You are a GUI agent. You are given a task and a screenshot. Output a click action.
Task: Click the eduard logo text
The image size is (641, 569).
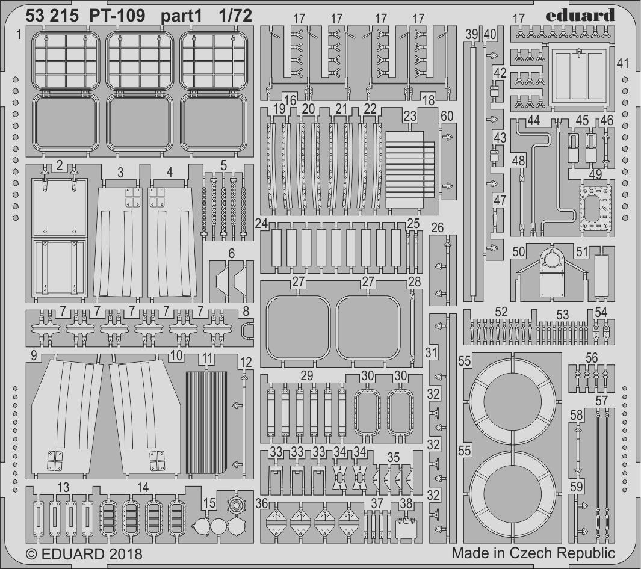click(580, 15)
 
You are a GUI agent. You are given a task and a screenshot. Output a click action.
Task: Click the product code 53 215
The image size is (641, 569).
click(52, 16)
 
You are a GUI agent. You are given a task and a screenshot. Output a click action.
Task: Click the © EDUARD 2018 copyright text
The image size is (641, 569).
click(84, 554)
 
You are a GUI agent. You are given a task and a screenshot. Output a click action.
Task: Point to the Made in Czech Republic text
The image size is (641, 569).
click(533, 553)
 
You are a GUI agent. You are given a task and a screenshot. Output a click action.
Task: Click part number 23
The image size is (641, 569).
click(410, 117)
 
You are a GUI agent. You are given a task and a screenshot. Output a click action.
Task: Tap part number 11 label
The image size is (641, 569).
click(207, 358)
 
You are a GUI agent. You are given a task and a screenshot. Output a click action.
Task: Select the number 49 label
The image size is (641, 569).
click(595, 174)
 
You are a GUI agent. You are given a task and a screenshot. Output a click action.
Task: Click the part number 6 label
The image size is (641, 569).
click(231, 254)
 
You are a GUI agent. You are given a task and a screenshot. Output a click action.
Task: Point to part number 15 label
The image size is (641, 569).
click(209, 503)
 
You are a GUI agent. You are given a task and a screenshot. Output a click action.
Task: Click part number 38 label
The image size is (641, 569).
click(406, 503)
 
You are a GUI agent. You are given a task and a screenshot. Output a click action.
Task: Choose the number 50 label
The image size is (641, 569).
click(518, 251)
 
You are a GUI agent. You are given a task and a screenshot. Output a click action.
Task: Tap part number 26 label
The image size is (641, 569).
click(437, 227)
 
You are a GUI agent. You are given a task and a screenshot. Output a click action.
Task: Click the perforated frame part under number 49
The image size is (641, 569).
click(595, 209)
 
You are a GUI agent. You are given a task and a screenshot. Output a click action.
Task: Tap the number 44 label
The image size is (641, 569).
click(533, 120)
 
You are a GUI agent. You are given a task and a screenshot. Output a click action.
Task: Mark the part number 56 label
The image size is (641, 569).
click(592, 358)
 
